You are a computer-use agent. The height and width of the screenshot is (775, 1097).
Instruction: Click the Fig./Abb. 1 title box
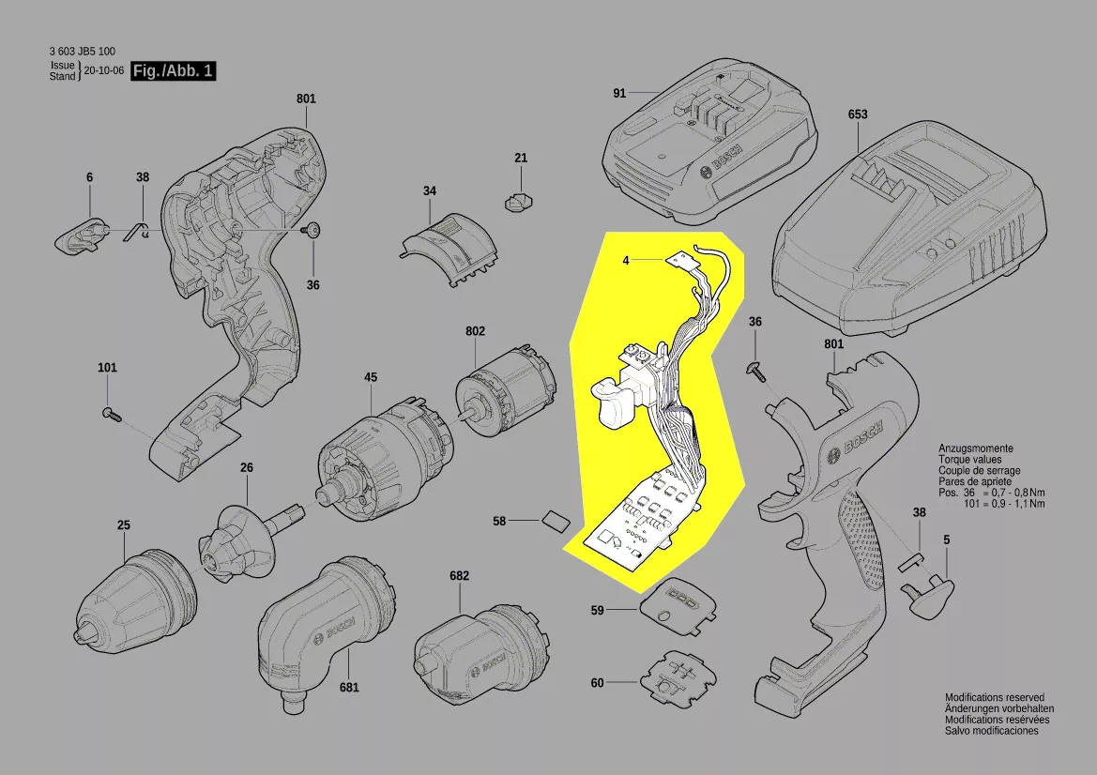(x=174, y=71)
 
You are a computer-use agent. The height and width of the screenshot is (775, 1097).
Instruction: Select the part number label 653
(x=858, y=114)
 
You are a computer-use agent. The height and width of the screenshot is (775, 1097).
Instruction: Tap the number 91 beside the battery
(x=619, y=93)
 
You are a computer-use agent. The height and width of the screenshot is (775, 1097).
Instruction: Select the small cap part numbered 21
(x=520, y=200)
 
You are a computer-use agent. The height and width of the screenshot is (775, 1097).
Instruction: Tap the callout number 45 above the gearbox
(x=371, y=377)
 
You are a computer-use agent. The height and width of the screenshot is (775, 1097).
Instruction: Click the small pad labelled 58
(x=554, y=519)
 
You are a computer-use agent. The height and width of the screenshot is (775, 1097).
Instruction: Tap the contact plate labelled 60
(x=678, y=677)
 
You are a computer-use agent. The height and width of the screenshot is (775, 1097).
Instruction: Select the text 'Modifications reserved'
(x=994, y=698)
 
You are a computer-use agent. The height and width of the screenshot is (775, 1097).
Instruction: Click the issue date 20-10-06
(x=103, y=70)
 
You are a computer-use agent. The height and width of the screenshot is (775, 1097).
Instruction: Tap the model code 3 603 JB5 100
(x=83, y=52)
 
